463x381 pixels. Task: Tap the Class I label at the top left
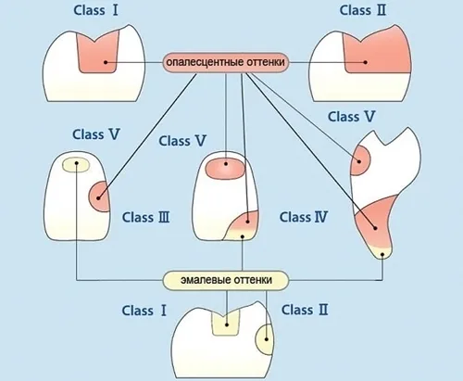click(x=95, y=10)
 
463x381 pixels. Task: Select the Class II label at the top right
click(x=363, y=10)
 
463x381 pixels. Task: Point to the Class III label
click(x=145, y=217)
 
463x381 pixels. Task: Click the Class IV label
click(x=304, y=217)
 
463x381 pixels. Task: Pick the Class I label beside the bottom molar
click(x=144, y=311)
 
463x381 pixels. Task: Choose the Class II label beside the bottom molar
click(x=305, y=310)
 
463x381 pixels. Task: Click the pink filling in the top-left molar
click(x=97, y=53)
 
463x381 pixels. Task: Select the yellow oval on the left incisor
click(x=76, y=165)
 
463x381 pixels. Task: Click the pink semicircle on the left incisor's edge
click(x=99, y=197)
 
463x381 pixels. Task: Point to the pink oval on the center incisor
click(x=226, y=169)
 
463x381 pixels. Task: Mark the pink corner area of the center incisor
click(x=244, y=222)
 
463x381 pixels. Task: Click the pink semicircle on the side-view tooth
click(x=360, y=160)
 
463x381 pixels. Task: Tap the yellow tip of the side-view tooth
click(x=382, y=252)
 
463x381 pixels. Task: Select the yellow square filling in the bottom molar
click(x=226, y=323)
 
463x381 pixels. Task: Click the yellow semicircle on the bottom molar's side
click(x=264, y=339)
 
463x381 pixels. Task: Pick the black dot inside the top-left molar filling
click(x=106, y=62)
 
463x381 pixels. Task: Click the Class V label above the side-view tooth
click(x=351, y=117)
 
